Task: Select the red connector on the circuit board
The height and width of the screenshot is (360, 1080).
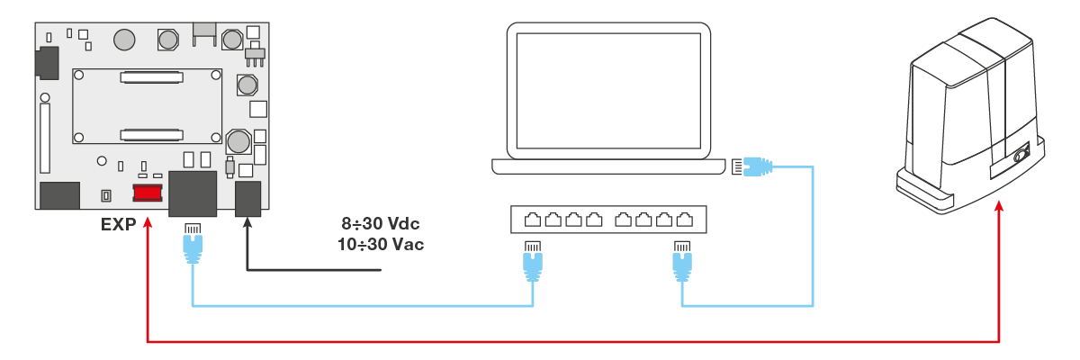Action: pos(147,193)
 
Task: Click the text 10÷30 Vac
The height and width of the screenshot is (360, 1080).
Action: pos(383,243)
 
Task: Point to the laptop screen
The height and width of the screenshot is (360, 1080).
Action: pos(608,90)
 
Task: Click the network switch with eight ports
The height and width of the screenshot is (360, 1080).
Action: pos(608,219)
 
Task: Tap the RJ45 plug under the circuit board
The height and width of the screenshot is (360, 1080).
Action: pos(192,243)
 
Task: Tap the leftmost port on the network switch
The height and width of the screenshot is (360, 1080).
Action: pos(533,219)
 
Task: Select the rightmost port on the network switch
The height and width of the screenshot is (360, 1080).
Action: pos(685,219)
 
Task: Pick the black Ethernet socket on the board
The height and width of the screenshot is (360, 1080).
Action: pos(193,194)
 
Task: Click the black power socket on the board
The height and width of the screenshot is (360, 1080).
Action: pos(247,198)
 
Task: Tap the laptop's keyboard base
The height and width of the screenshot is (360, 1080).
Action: pos(608,166)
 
